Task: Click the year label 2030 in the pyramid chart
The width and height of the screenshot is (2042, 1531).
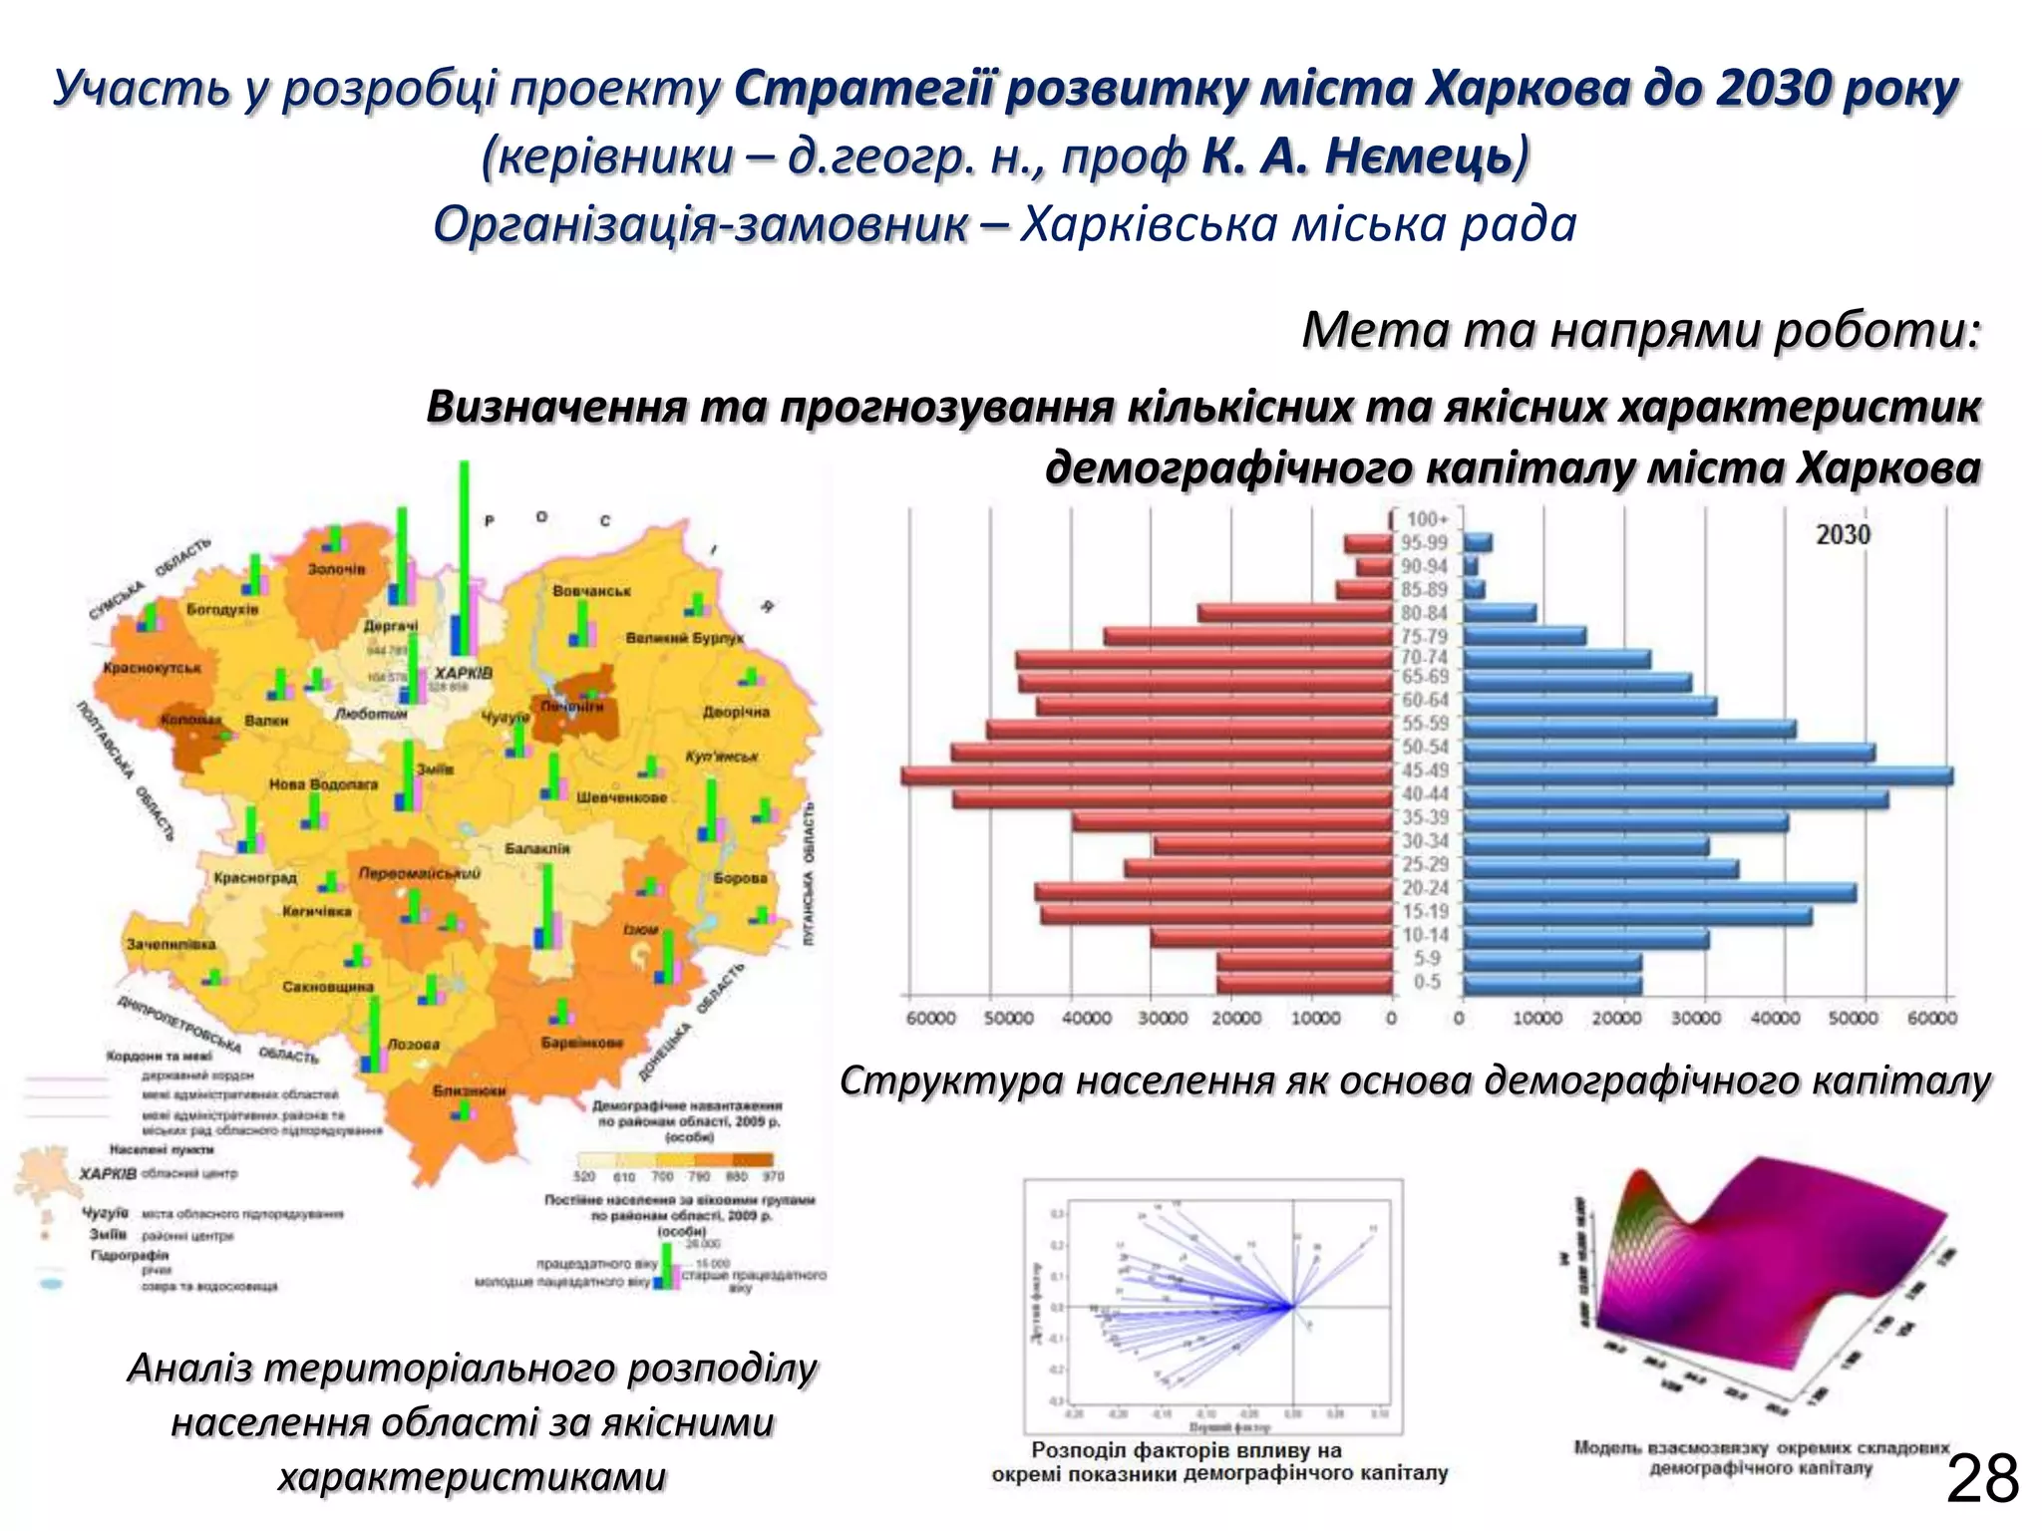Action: point(1843,535)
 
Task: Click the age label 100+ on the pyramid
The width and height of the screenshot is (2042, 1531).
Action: point(1427,519)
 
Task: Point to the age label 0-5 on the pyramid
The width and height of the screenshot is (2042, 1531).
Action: point(1427,983)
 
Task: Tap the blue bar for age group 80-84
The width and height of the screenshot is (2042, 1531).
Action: point(1500,613)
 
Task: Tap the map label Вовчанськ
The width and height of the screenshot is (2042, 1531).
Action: point(591,591)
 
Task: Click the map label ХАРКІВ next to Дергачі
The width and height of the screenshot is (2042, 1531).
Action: point(463,673)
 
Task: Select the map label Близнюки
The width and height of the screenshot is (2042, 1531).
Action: point(470,1090)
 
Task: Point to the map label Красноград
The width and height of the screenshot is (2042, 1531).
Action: point(255,878)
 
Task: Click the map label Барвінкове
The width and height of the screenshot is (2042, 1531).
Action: point(582,1043)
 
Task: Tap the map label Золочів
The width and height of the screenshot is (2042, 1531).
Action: point(336,569)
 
